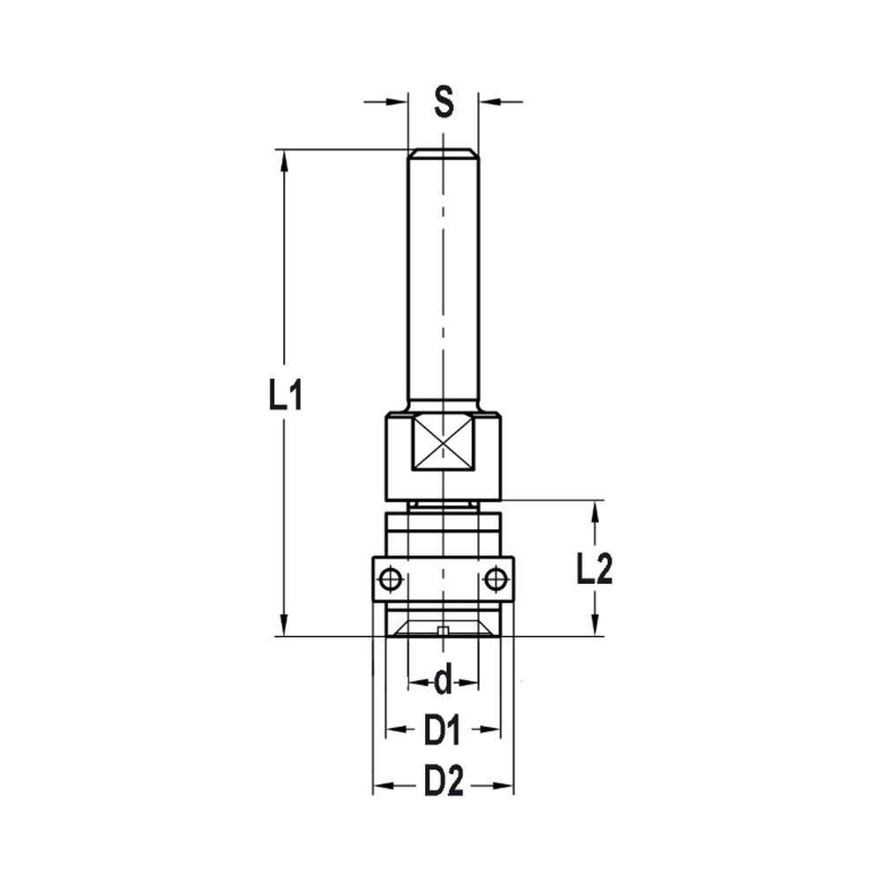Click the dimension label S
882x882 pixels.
[x=443, y=102]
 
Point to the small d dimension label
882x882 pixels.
[x=443, y=681]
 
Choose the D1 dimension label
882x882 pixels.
[x=443, y=730]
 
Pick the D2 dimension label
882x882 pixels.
[x=443, y=781]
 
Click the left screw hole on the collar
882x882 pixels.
[x=389, y=579]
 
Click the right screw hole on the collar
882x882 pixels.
[x=497, y=579]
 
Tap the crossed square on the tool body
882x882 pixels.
[x=443, y=445]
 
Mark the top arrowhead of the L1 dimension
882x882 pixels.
[x=284, y=159]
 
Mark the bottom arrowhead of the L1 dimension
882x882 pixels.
[x=284, y=626]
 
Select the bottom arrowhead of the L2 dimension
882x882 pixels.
[x=596, y=627]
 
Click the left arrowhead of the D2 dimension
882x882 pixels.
[x=381, y=782]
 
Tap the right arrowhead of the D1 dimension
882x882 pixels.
[x=493, y=730]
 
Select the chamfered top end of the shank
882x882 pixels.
[x=443, y=153]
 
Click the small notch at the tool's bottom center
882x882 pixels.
[x=443, y=631]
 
